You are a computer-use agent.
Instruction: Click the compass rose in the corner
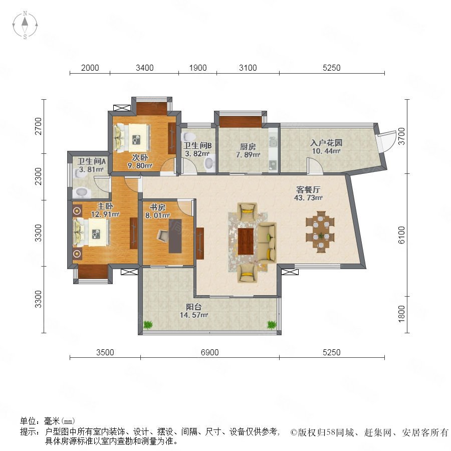[25, 25]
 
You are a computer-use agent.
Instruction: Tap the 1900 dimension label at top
[198, 68]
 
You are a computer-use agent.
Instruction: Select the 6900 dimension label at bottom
[209, 352]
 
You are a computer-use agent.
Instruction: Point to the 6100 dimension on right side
[401, 235]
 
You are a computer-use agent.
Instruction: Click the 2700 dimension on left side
[38, 126]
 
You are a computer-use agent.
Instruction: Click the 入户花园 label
[326, 143]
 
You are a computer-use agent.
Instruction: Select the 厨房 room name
[248, 147]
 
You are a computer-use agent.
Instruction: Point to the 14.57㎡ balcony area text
[194, 315]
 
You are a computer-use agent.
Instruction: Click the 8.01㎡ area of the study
[157, 215]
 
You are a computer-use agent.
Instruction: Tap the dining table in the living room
[320, 232]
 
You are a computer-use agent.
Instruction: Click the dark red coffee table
[246, 241]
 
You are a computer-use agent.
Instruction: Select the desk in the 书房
[175, 236]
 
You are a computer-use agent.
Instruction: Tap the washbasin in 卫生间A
[81, 192]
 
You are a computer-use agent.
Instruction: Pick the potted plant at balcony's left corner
[148, 325]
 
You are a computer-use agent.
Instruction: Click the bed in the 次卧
[132, 137]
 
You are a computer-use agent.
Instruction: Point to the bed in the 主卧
[92, 232]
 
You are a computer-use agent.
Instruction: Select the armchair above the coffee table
[247, 211]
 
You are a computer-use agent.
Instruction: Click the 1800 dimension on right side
[401, 314]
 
